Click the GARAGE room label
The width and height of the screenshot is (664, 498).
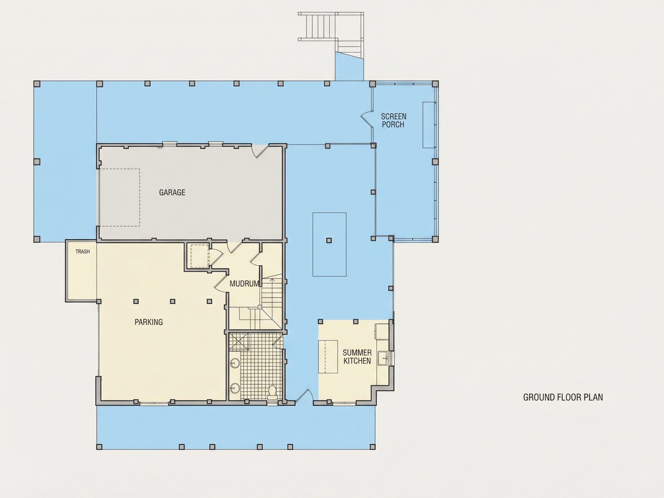[172, 193]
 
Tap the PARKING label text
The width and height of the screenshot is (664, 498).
[149, 322]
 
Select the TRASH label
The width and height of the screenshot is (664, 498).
[82, 252]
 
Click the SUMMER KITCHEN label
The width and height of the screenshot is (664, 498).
[357, 357]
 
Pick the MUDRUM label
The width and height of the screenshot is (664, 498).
[244, 284]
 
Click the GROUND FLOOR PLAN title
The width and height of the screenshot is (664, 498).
[563, 397]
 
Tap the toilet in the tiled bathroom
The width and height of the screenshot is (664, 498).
[272, 391]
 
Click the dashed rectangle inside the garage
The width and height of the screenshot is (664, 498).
[120, 197]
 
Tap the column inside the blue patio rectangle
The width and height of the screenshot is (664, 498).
[329, 240]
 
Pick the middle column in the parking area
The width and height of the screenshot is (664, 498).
[173, 301]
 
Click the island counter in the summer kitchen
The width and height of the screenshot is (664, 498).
[328, 356]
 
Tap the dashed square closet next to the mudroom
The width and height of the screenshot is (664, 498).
[200, 256]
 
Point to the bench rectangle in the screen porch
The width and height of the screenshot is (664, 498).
[429, 124]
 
